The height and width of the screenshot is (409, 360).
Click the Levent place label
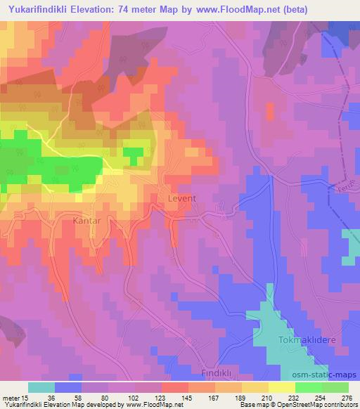181,199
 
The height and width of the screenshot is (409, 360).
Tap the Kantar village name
88,221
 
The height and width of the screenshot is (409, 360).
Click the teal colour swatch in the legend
41,387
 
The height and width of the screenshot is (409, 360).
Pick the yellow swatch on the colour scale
282,387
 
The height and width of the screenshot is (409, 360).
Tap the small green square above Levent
132,152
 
